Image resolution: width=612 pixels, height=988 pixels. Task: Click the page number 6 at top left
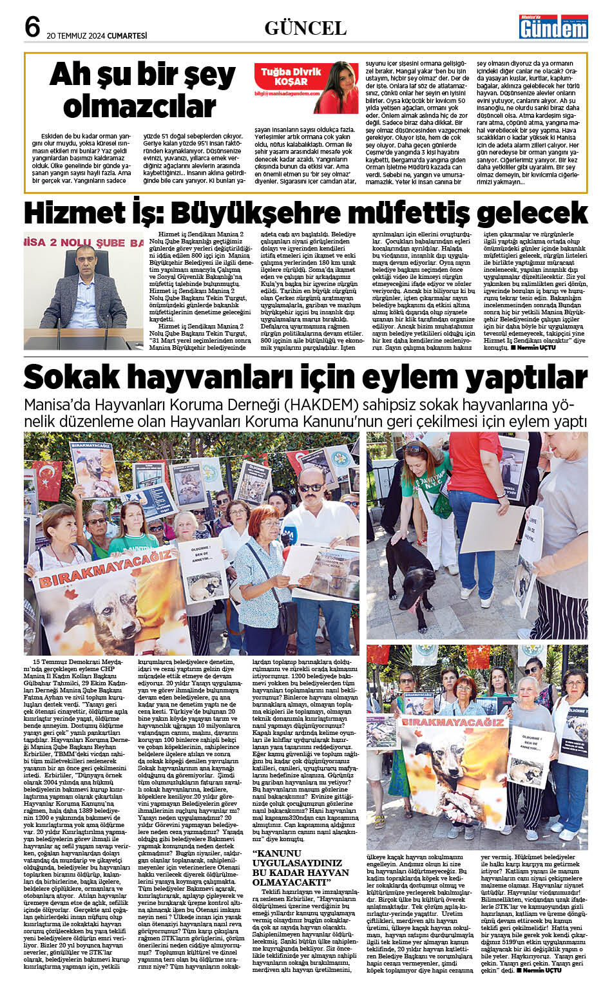[32, 26]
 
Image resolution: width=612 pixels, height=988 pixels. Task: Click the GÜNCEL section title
[305, 28]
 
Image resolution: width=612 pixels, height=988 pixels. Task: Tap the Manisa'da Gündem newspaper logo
[554, 26]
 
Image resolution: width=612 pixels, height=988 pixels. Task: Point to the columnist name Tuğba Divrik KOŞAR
[291, 77]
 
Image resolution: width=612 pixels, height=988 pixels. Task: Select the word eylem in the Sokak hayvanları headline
[404, 377]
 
